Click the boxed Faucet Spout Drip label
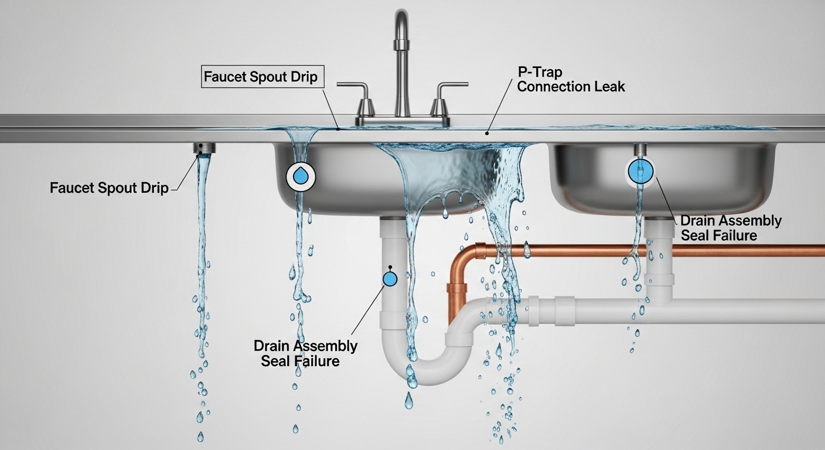click(262, 77)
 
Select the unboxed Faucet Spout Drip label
click(109, 188)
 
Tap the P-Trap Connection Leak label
click(571, 80)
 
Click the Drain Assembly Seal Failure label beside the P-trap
click(305, 353)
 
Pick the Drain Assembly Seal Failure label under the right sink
click(730, 228)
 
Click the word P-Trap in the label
click(540, 72)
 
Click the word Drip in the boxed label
click(302, 77)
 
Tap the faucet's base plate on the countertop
click(403, 121)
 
